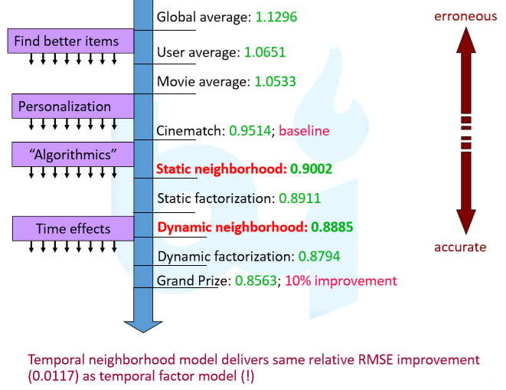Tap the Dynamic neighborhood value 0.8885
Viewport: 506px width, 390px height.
point(336,228)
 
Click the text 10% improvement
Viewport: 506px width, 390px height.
point(341,281)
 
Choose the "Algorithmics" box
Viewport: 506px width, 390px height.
point(67,155)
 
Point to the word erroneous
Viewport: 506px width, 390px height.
point(465,17)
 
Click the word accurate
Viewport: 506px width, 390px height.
point(460,247)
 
